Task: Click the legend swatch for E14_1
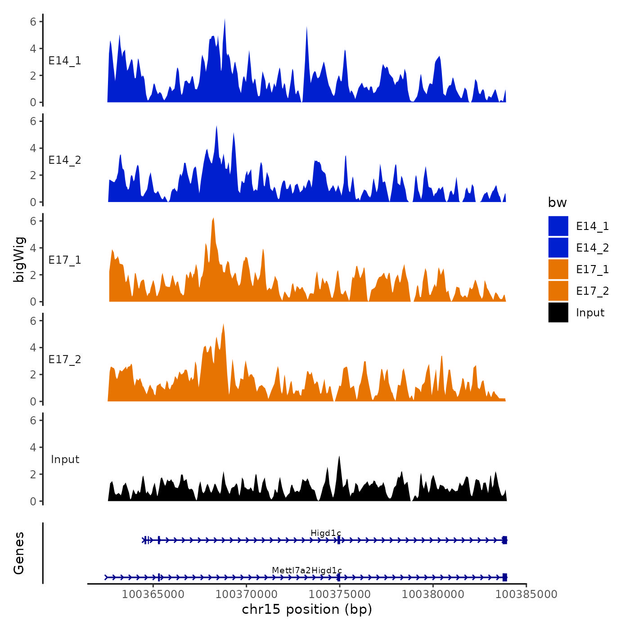click(x=558, y=226)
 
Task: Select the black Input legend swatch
click(x=558, y=312)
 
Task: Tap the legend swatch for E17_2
click(x=558, y=291)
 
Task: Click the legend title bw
click(x=557, y=202)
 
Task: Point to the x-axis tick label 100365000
click(x=153, y=594)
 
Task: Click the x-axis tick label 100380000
click(x=433, y=594)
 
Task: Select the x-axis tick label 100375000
click(x=340, y=594)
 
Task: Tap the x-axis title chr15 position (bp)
click(x=307, y=609)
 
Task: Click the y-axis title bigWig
click(x=19, y=260)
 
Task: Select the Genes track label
click(x=19, y=553)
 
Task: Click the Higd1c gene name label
click(x=326, y=533)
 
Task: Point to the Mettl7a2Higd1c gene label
click(x=307, y=571)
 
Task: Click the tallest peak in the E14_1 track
click(x=225, y=20)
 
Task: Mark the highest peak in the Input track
click(x=339, y=457)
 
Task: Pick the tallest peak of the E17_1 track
click(x=213, y=219)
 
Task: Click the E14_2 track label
click(x=65, y=160)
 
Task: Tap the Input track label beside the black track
click(x=65, y=459)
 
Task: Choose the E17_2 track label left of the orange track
click(x=65, y=360)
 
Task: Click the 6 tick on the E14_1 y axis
click(x=33, y=22)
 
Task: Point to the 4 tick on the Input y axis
click(x=33, y=447)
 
